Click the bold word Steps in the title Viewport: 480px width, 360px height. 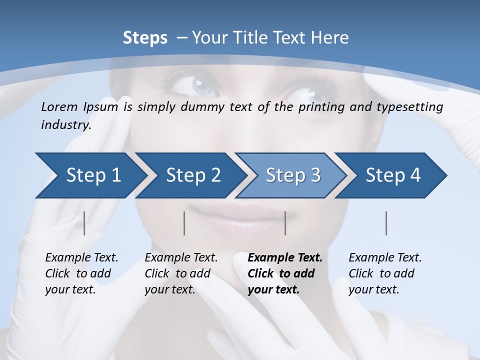(x=145, y=38)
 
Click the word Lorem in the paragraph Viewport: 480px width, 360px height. (x=59, y=106)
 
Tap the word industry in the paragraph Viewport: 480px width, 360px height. (x=65, y=125)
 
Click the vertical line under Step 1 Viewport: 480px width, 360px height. (x=84, y=223)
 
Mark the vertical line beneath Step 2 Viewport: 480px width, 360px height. (x=184, y=223)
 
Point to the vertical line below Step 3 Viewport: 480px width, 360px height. (x=285, y=223)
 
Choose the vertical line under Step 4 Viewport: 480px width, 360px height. (x=386, y=223)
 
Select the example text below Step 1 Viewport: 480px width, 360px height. (x=81, y=273)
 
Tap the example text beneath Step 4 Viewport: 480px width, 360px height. (x=385, y=273)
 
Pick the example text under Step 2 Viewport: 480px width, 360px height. (x=181, y=273)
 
